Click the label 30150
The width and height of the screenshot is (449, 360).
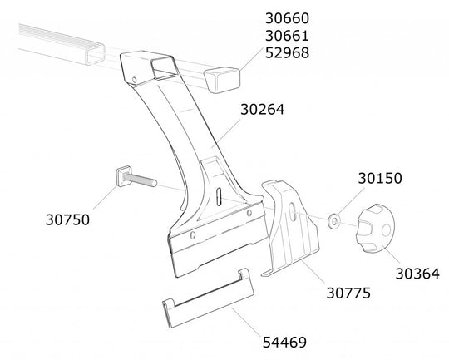[x=380, y=178]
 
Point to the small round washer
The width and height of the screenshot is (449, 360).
[x=333, y=221]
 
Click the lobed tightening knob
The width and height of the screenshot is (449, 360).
[x=375, y=229]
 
